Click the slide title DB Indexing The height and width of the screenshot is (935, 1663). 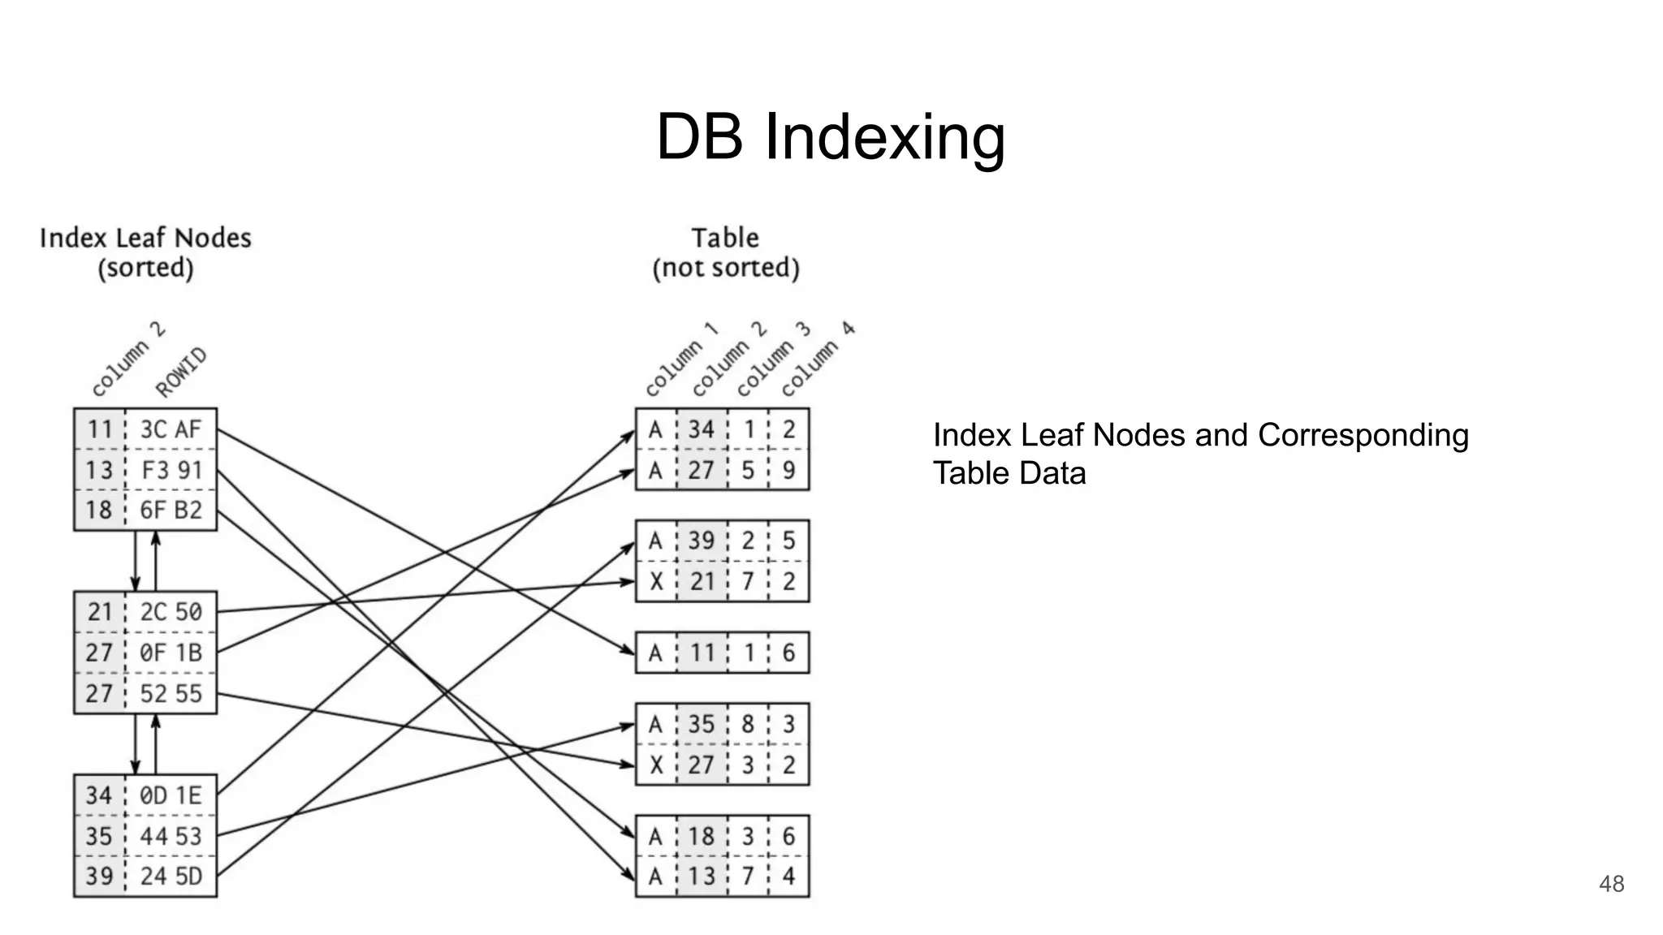(x=830, y=137)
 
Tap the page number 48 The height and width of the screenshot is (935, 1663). (x=1611, y=884)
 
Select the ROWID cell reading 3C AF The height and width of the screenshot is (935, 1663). (x=171, y=429)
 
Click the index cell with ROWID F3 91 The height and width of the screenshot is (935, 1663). (x=171, y=470)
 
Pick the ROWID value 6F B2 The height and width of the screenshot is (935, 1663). (x=171, y=511)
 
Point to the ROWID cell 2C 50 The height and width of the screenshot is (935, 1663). (x=171, y=612)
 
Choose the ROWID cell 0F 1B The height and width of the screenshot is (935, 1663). (x=171, y=653)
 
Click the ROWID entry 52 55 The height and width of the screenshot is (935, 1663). (x=171, y=694)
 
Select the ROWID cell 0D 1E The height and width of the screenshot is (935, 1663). (x=171, y=795)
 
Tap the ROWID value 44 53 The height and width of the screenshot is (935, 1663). (x=171, y=836)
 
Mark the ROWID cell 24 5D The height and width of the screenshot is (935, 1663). (x=171, y=877)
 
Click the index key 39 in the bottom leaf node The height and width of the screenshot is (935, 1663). (x=99, y=877)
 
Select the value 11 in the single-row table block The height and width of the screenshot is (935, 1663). (x=702, y=653)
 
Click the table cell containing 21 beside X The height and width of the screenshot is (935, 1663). (x=702, y=582)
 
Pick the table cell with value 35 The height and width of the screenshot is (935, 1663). (x=702, y=724)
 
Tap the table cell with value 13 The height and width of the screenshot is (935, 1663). (x=702, y=877)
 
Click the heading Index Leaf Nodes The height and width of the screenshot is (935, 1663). (x=145, y=238)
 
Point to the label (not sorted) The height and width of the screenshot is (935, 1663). (x=726, y=268)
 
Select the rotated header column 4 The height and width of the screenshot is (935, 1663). (x=817, y=360)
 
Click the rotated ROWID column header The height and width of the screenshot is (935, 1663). (x=181, y=373)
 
